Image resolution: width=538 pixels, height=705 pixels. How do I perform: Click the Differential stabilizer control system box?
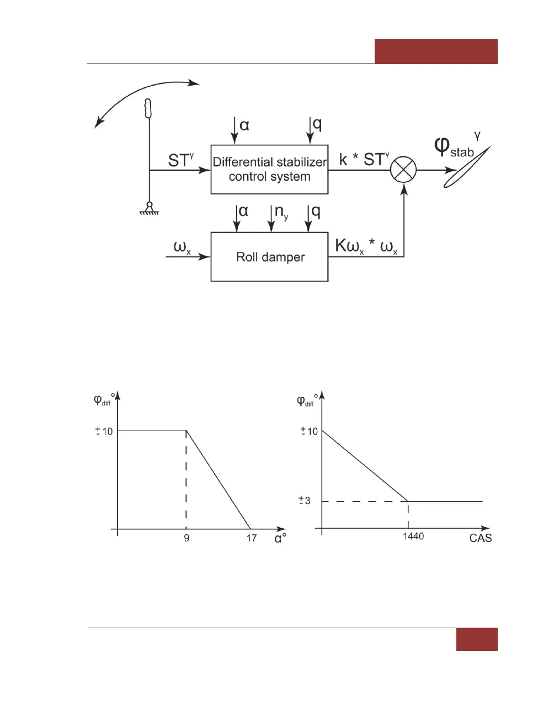(x=269, y=169)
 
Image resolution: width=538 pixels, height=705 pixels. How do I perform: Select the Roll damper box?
(x=269, y=257)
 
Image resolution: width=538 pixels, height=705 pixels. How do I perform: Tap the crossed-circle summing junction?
(x=403, y=170)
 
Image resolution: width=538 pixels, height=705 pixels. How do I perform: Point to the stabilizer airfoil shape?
(x=466, y=169)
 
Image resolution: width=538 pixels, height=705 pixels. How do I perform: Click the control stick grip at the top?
(x=148, y=108)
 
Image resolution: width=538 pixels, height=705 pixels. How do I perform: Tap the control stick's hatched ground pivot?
(x=149, y=208)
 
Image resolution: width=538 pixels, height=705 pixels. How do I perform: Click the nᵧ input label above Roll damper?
(x=280, y=212)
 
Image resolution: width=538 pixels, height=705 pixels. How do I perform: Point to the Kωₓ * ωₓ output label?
(x=366, y=246)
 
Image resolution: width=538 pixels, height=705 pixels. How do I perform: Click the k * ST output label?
(x=364, y=160)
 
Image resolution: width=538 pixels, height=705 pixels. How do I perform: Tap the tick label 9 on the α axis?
(x=187, y=538)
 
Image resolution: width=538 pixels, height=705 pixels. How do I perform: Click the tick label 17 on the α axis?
(x=252, y=538)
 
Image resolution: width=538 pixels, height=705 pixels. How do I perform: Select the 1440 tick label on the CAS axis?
(x=413, y=536)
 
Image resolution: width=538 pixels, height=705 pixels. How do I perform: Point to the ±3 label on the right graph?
(x=305, y=501)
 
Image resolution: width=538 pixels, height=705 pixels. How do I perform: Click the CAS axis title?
(x=480, y=538)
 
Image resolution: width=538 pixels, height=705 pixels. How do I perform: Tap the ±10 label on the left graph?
(x=104, y=431)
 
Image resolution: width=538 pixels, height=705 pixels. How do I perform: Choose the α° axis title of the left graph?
(x=280, y=538)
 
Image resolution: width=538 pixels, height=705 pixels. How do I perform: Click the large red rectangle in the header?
(x=436, y=51)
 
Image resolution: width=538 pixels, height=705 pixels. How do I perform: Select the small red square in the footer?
(x=477, y=639)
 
